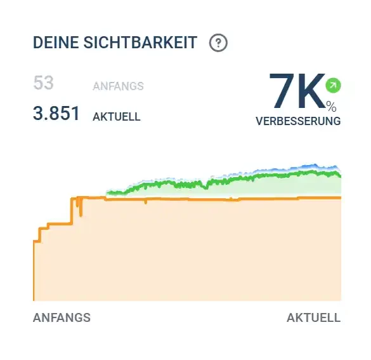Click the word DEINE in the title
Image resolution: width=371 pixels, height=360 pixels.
pyautogui.click(x=56, y=43)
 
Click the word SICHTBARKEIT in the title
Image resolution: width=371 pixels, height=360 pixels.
pyautogui.click(x=140, y=43)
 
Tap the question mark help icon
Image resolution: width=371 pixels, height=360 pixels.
pyautogui.click(x=218, y=43)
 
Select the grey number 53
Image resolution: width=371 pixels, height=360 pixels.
pyautogui.click(x=44, y=83)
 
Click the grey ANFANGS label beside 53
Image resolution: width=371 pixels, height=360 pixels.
pyautogui.click(x=119, y=86)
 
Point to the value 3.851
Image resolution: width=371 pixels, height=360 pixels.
pyautogui.click(x=56, y=113)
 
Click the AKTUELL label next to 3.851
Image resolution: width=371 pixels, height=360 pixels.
pyautogui.click(x=117, y=117)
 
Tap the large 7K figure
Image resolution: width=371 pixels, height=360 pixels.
pyautogui.click(x=297, y=91)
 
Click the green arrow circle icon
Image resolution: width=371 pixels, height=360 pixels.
pyautogui.click(x=333, y=85)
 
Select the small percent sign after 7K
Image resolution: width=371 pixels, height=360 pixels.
pyautogui.click(x=331, y=107)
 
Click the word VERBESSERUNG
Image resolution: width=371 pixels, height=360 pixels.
pyautogui.click(x=298, y=121)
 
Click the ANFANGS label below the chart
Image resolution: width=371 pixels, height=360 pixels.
pyautogui.click(x=62, y=317)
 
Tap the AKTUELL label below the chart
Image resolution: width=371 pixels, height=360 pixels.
pyautogui.click(x=314, y=317)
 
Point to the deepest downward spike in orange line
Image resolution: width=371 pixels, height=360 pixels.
pyautogui.click(x=81, y=215)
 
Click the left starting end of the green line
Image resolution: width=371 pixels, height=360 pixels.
pyautogui.click(x=108, y=192)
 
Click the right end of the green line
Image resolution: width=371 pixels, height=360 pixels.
pyautogui.click(x=341, y=177)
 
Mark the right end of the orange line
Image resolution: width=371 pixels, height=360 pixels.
pyautogui.click(x=341, y=197)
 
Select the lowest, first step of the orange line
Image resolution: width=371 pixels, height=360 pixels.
pyautogui.click(x=37, y=241)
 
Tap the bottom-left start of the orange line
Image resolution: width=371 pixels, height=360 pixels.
pyautogui.click(x=34, y=300)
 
